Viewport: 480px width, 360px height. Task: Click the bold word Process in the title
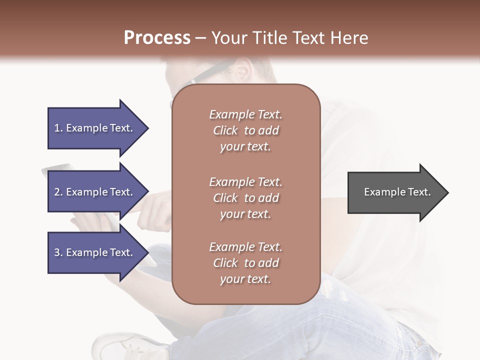tap(157, 38)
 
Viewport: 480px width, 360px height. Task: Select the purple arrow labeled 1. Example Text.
tap(95, 128)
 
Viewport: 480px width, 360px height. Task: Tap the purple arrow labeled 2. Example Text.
tap(95, 192)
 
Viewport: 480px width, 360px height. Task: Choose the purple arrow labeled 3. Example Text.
tap(95, 252)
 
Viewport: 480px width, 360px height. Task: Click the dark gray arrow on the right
tap(395, 192)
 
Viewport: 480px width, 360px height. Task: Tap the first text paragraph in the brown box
tap(245, 130)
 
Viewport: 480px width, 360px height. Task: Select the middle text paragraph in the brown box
tap(245, 198)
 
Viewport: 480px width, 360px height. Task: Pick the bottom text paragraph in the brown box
tap(245, 263)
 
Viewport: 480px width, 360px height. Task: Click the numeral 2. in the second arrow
tap(58, 192)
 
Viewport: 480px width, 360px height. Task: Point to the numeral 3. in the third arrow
tap(58, 252)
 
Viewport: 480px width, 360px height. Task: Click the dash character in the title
tap(201, 38)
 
